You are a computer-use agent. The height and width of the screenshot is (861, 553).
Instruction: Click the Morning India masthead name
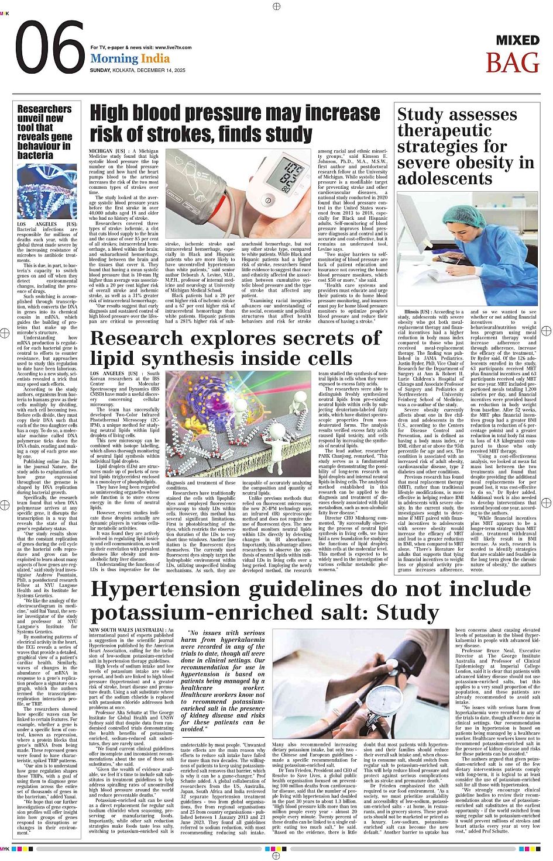click(130, 58)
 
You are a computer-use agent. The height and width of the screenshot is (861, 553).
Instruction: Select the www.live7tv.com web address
click(174, 47)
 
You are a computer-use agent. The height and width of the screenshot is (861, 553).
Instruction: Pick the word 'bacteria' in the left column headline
click(35, 155)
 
